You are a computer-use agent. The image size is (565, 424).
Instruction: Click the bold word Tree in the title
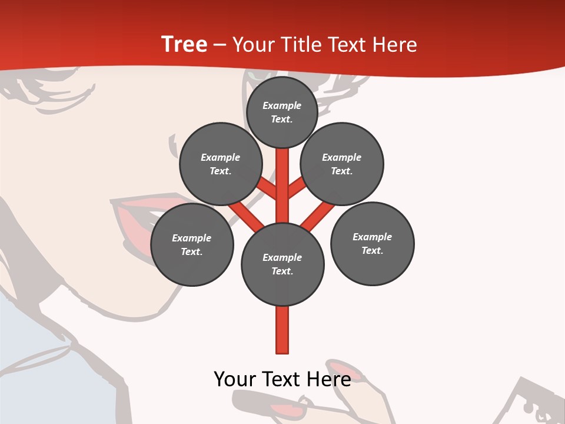click(184, 45)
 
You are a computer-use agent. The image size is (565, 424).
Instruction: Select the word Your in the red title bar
click(251, 45)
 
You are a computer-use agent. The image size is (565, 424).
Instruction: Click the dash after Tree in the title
click(220, 45)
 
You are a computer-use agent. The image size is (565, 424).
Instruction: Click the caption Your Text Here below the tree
click(282, 379)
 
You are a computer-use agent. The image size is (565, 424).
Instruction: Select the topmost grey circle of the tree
click(282, 112)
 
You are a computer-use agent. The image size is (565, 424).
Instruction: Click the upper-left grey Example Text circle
click(220, 164)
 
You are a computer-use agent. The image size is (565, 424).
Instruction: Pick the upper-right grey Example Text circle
click(342, 164)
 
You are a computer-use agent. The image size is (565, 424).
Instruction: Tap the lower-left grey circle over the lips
click(192, 244)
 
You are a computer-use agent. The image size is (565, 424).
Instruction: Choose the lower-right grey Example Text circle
click(372, 243)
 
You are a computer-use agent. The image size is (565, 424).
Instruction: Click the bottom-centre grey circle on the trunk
click(282, 264)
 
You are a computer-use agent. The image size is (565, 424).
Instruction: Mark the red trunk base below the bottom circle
click(282, 330)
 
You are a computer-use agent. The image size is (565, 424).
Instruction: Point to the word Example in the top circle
click(282, 105)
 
